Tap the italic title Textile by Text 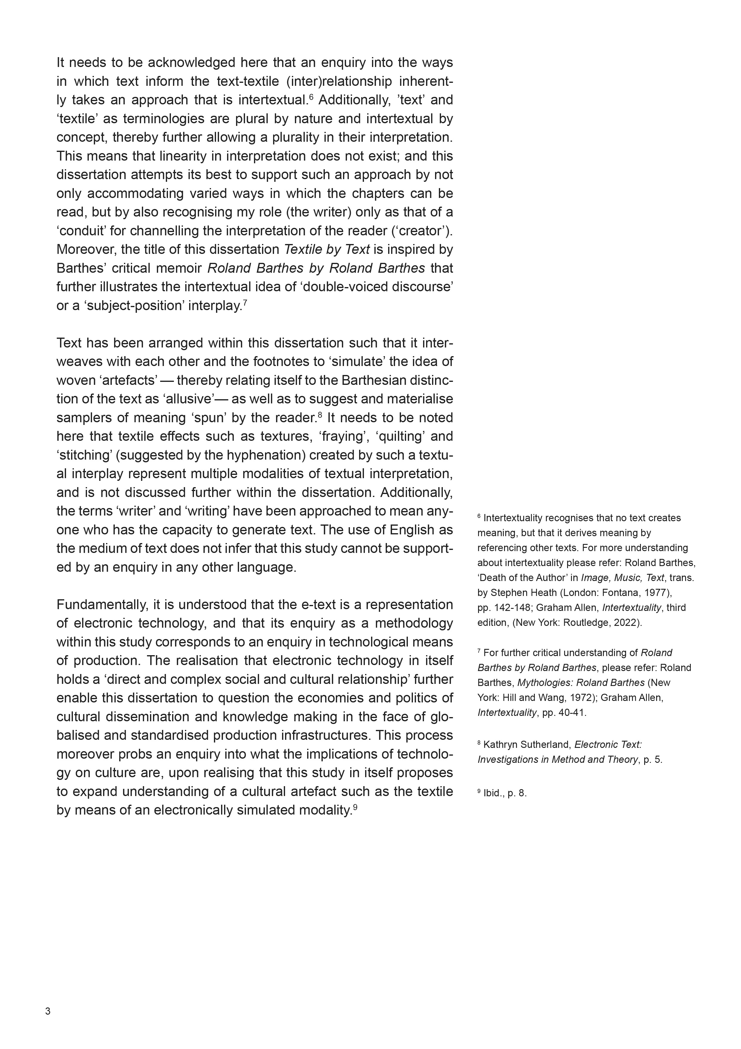point(327,250)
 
